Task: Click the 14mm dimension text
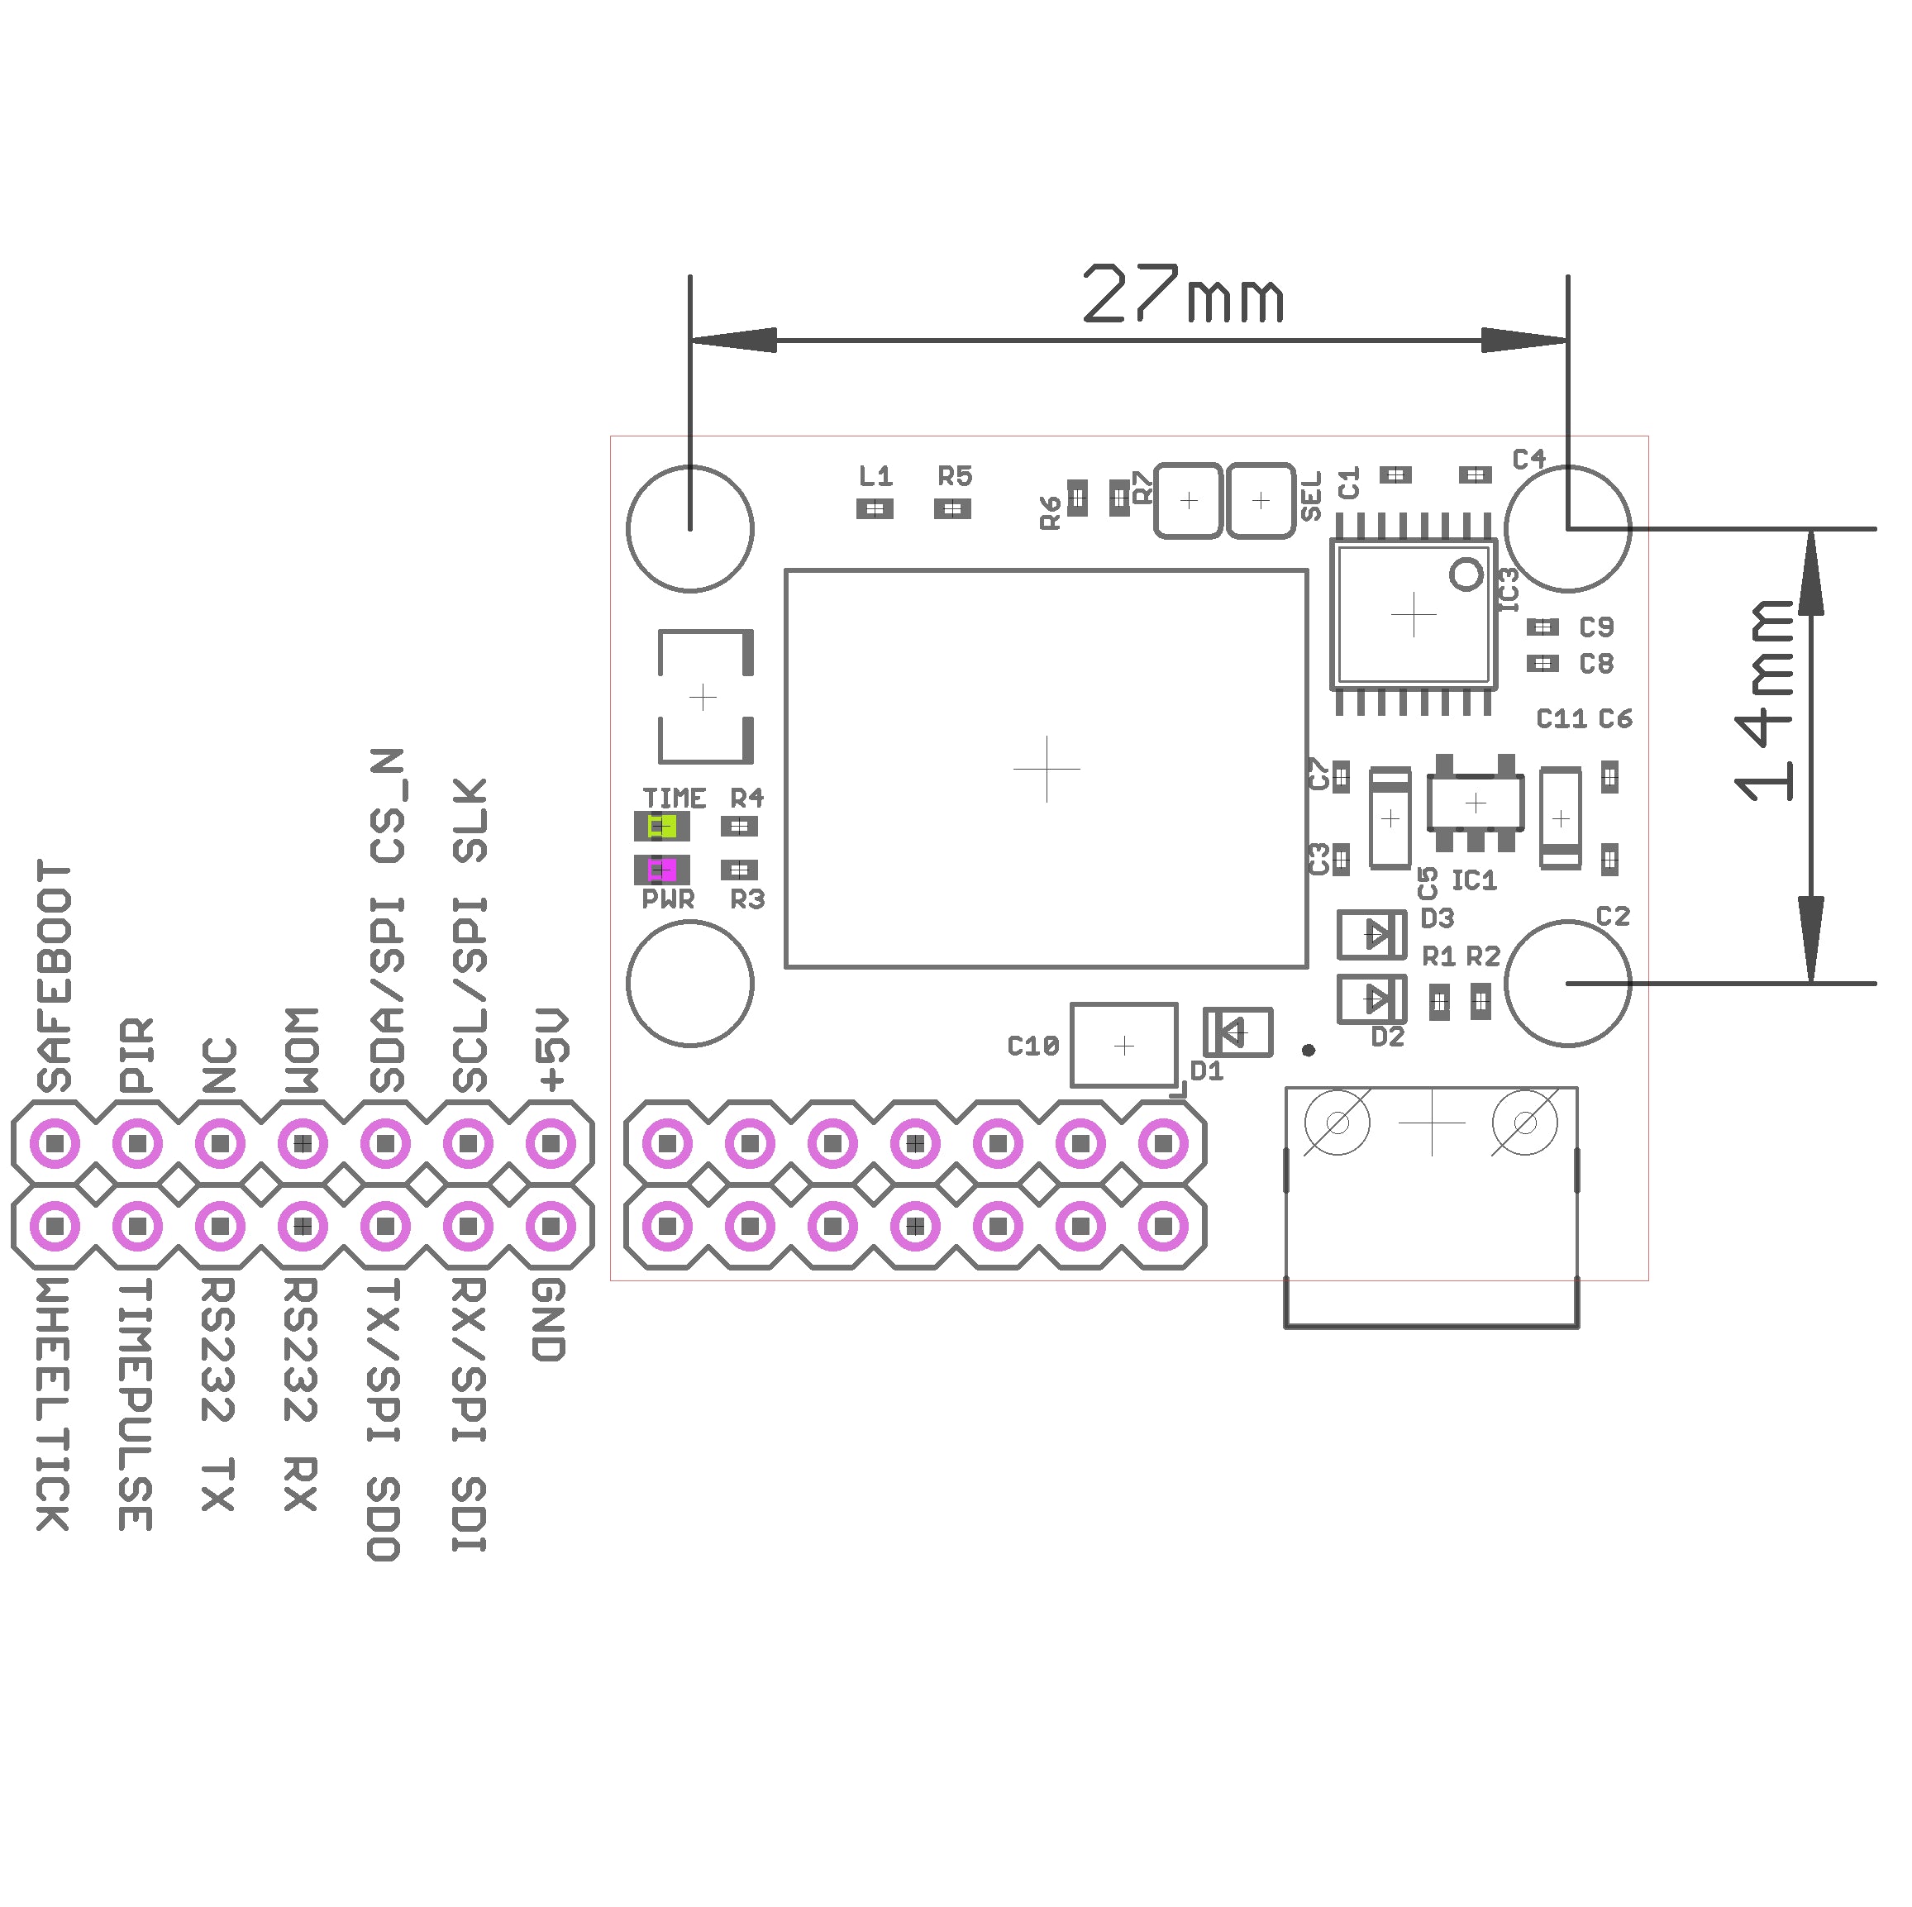(x=1765, y=701)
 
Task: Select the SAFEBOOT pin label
(x=55, y=975)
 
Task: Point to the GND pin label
(x=549, y=1320)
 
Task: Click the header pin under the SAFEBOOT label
(x=55, y=1144)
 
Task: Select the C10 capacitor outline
(x=1124, y=1046)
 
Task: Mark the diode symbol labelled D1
(x=1237, y=1032)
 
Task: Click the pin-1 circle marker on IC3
(x=1466, y=574)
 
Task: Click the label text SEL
(x=1311, y=497)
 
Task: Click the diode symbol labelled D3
(x=1371, y=934)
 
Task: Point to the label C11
(x=1561, y=719)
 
